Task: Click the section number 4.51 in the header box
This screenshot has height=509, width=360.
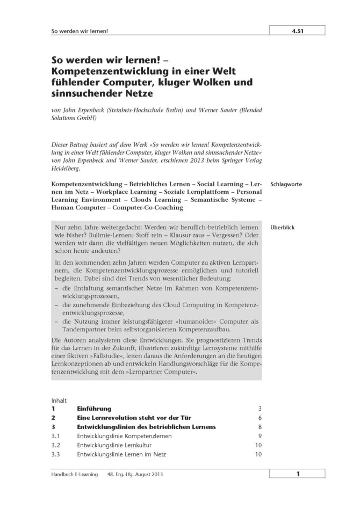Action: coord(298,32)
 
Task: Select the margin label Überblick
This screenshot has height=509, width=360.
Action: coord(283,227)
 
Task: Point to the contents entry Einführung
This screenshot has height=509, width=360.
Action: coord(94,409)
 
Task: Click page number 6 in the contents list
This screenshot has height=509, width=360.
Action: coord(260,418)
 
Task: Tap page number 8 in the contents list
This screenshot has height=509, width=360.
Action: coord(260,427)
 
